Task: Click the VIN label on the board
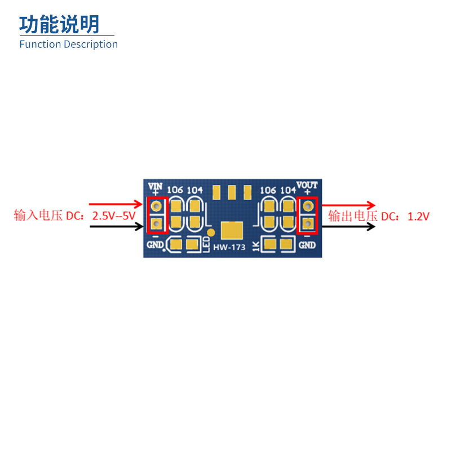click(154, 185)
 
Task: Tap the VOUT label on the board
click(307, 185)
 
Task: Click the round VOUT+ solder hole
click(307, 207)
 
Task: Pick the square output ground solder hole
click(307, 225)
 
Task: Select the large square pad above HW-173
click(232, 231)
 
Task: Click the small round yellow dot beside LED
click(211, 232)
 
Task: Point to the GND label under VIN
click(155, 245)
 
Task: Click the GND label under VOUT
click(307, 245)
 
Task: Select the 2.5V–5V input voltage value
click(113, 215)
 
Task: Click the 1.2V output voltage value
click(418, 216)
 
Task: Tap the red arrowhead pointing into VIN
click(139, 204)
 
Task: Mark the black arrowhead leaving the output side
click(370, 227)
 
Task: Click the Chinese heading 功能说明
click(59, 24)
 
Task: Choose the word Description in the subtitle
click(91, 45)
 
